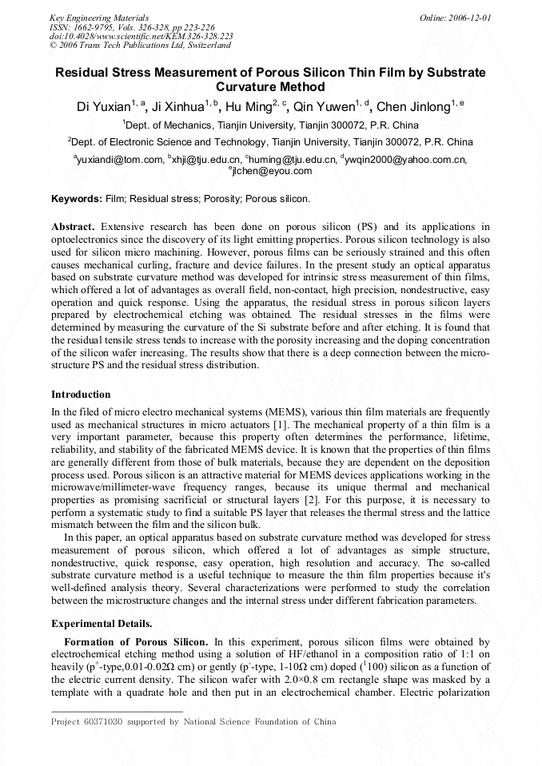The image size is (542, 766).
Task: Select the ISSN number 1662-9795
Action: click(x=102, y=26)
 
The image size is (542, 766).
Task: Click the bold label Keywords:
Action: click(x=77, y=198)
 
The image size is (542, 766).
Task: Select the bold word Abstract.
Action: click(x=74, y=227)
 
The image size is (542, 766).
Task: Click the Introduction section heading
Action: click(x=81, y=395)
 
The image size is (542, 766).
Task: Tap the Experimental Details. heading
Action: click(x=102, y=623)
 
